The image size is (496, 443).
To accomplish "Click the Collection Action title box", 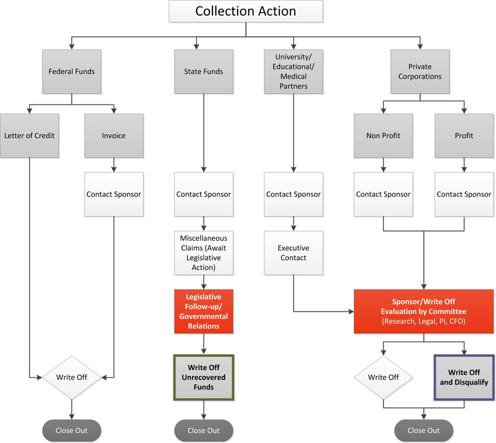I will coord(245,11).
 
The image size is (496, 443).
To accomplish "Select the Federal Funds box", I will coord(72,72).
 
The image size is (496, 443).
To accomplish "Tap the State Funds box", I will coord(204,72).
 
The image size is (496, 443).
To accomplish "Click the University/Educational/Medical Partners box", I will coord(293,72).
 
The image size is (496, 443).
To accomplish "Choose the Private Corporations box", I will coord(420,72).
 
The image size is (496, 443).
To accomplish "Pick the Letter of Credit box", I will coord(29,136).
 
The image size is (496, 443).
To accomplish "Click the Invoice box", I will coord(114,136).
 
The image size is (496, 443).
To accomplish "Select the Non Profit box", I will coord(383,136).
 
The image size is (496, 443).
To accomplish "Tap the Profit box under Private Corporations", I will coord(464,136).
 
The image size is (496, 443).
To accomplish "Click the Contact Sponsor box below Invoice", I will coord(114,194).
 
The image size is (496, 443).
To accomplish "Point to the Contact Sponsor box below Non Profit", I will coord(383,194).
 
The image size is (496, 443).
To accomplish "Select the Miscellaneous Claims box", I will coord(204,252).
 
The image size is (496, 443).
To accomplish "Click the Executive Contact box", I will coord(293,252).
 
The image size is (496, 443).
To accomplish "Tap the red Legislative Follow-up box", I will coord(204,311).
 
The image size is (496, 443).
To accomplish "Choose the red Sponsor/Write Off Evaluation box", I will coord(424,311).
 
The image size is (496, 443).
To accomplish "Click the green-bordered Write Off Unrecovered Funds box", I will coord(204,377).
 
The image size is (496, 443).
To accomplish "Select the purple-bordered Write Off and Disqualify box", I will coord(464,377).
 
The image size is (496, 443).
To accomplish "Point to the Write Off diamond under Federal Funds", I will coord(72,377).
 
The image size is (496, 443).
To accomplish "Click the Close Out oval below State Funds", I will coord(204,430).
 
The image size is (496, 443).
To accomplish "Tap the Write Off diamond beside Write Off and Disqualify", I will coord(383,377).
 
